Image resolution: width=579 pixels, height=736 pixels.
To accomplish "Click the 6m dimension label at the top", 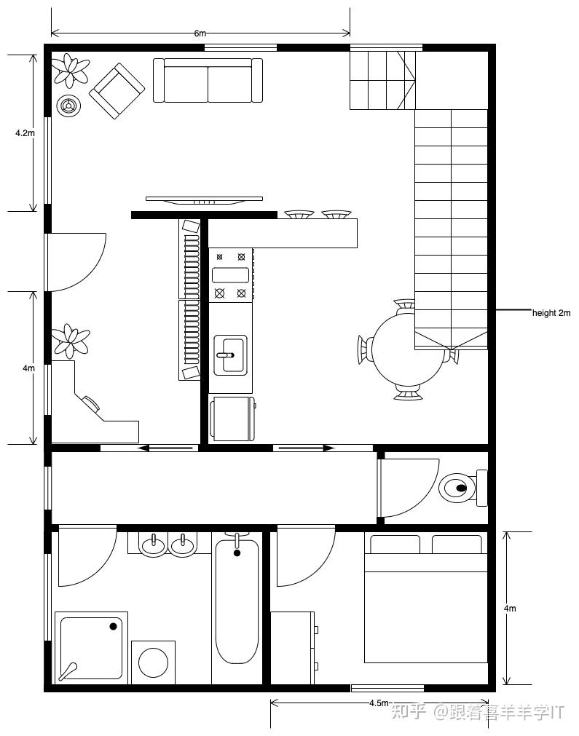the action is coord(200,33).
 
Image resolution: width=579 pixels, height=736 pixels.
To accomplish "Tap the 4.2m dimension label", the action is coord(25,132).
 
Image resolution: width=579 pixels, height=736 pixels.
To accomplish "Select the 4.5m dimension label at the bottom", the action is coord(379,703).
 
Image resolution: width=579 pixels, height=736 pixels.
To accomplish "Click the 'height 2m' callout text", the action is coord(551,312).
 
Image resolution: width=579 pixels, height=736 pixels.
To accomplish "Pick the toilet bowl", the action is coord(462,488).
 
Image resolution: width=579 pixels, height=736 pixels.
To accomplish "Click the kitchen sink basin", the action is coord(230,355).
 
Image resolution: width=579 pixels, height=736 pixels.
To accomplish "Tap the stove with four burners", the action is coord(231,274).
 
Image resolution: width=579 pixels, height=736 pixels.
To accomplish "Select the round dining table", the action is coord(408,349).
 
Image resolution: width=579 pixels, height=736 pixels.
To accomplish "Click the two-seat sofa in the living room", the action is coord(208,80).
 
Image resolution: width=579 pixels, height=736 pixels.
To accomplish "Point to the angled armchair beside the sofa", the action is coord(117,91).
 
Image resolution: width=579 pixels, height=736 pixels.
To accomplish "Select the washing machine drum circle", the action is coord(153,662).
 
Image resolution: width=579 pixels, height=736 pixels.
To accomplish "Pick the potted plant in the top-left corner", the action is coord(71,71).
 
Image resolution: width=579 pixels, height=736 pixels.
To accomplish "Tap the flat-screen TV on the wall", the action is coord(204,200).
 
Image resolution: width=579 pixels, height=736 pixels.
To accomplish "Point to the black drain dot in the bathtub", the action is coord(237,553).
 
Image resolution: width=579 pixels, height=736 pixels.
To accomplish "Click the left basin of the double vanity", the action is coord(154,545).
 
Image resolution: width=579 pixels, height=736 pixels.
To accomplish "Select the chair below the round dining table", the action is coord(408,392).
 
